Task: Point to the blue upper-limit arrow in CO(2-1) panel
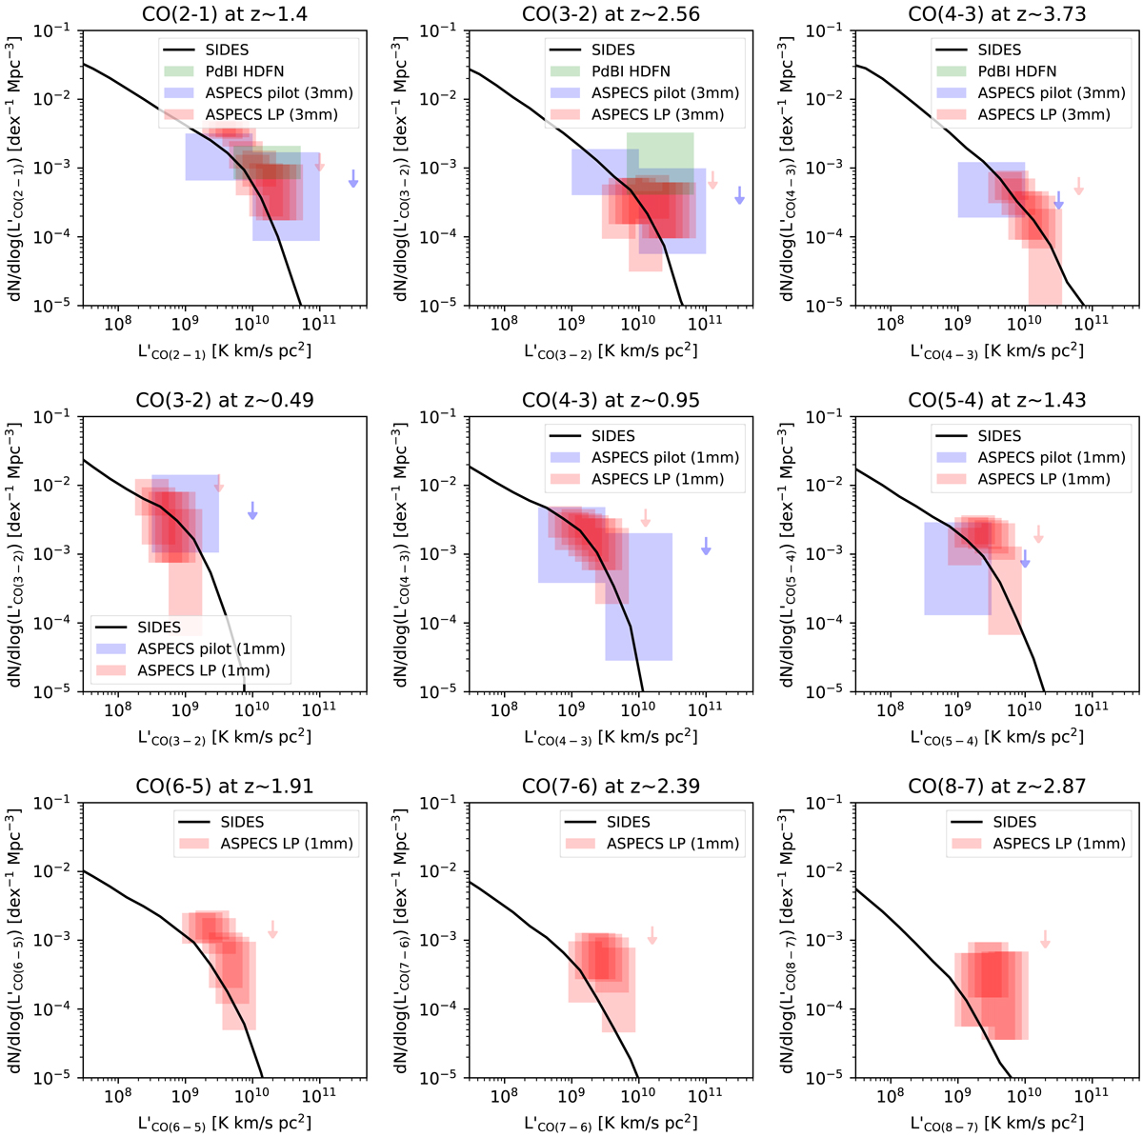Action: coord(353,178)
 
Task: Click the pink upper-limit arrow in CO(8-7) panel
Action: coord(1045,939)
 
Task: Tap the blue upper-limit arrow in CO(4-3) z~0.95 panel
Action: coord(706,546)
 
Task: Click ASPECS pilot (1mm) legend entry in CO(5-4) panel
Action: coord(1045,458)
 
